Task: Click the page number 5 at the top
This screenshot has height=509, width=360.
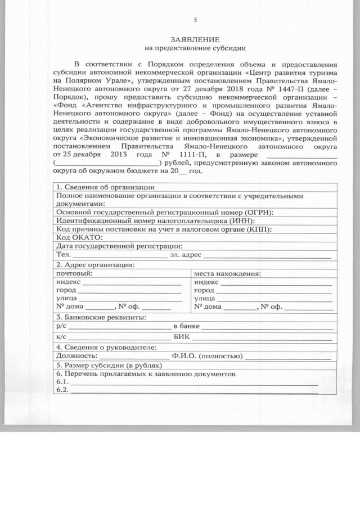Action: click(x=195, y=20)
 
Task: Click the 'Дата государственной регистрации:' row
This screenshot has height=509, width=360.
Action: click(x=119, y=246)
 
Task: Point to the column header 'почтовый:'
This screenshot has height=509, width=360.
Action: click(x=74, y=273)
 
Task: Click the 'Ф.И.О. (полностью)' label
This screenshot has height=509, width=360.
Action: click(x=207, y=355)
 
